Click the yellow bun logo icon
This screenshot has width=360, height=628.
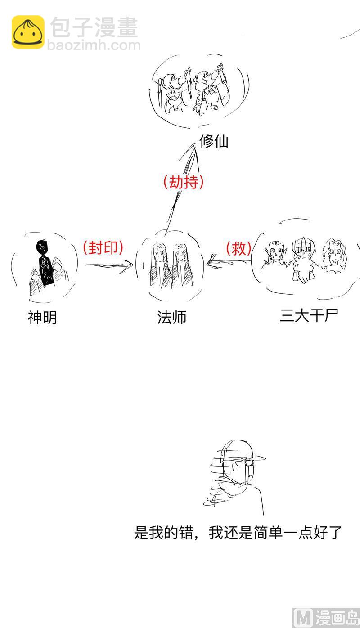(x=28, y=32)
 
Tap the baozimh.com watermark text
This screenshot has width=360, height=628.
(x=94, y=45)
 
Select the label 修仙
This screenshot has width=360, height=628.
(x=214, y=141)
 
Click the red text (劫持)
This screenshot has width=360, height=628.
(x=184, y=182)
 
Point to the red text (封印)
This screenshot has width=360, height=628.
(x=103, y=247)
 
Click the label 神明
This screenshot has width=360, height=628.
(x=42, y=318)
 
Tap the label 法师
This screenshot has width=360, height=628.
(x=171, y=317)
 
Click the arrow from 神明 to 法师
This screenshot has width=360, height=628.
(x=108, y=265)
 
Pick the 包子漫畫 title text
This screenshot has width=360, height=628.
(x=94, y=28)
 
